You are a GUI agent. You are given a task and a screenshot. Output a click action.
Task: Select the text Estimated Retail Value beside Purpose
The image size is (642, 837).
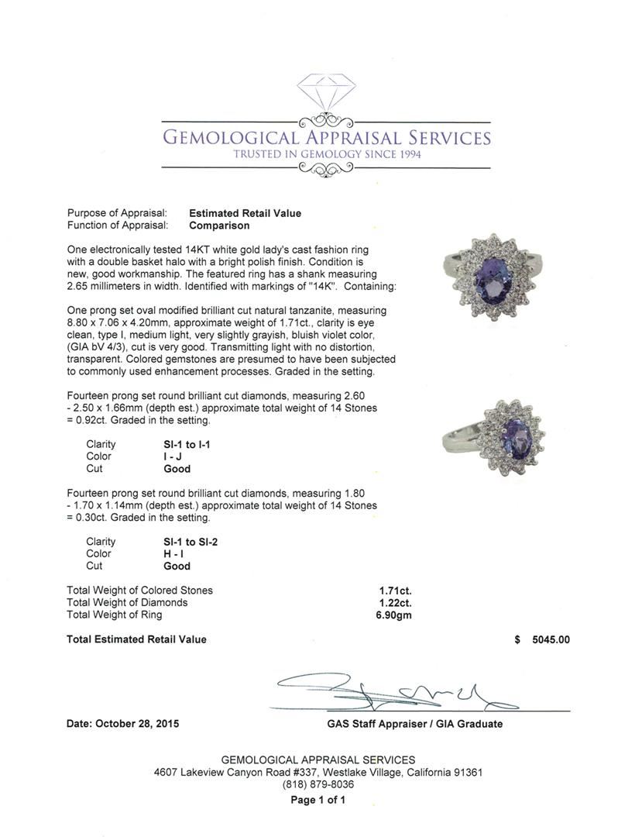click(x=245, y=213)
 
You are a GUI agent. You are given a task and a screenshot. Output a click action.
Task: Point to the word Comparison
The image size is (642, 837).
click(x=219, y=226)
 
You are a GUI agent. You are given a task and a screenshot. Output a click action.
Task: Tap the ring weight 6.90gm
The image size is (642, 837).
click(x=395, y=615)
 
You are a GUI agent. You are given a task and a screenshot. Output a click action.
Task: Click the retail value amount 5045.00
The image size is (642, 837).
click(x=551, y=639)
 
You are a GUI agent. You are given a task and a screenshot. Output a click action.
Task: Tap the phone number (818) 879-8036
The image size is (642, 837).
click(x=318, y=784)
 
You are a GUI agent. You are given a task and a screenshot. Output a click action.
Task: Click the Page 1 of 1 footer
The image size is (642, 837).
click(x=318, y=800)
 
